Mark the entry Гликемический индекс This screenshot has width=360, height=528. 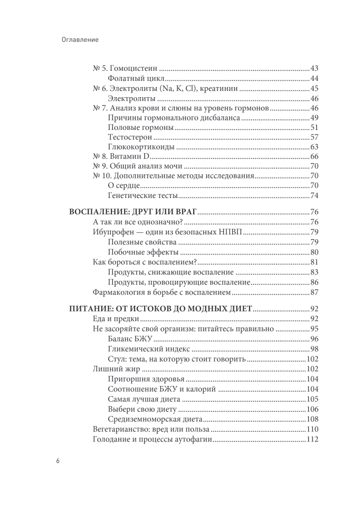[x=142, y=349]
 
